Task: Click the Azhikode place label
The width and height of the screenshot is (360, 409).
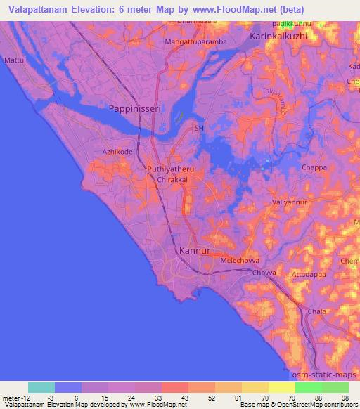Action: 117,151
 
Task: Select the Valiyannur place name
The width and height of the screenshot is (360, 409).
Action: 290,202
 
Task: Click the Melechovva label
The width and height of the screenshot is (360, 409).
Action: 240,259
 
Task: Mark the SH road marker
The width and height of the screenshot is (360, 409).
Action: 199,129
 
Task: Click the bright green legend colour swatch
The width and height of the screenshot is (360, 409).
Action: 308,387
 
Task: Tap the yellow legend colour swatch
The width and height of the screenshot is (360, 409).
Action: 281,387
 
